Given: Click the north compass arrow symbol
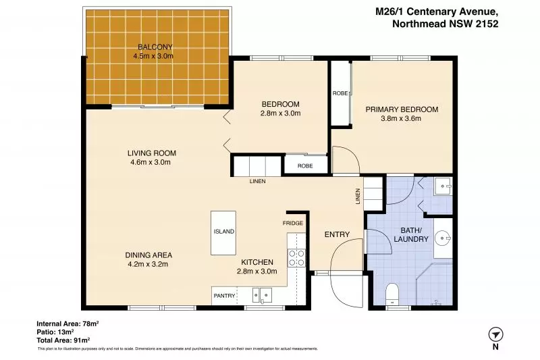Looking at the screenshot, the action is click(495, 334).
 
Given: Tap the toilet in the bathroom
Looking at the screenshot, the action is click(392, 294).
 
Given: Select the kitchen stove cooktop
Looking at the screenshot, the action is click(296, 258).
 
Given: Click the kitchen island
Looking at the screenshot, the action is click(223, 233).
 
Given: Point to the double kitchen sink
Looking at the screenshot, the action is click(262, 296).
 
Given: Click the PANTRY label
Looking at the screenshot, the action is click(224, 296).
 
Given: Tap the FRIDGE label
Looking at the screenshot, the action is click(293, 223).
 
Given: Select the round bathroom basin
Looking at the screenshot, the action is click(443, 238).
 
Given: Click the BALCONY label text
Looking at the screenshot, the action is click(155, 47).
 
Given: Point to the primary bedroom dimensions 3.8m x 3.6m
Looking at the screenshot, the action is click(401, 118).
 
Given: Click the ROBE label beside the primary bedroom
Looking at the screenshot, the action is click(340, 93).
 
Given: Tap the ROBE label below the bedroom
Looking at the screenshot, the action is click(305, 165).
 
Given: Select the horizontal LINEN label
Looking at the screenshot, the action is click(258, 181).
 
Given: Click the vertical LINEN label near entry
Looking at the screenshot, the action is click(358, 196).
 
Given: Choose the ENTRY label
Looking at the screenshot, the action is click(337, 234).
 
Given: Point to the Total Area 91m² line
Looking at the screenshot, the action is click(63, 340).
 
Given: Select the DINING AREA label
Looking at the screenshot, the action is click(148, 255).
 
